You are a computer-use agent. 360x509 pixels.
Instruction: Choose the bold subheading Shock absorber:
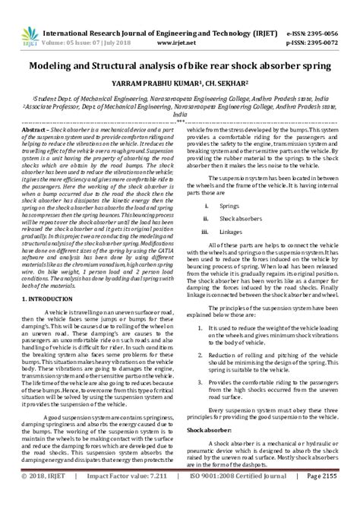(211, 429)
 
